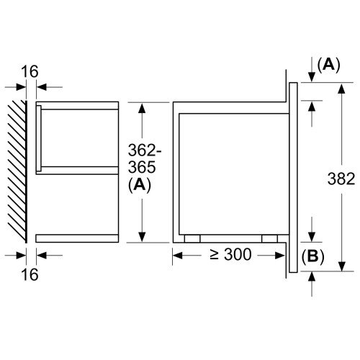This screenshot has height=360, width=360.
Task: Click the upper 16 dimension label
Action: pos(30,71)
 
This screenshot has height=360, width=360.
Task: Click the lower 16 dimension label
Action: pos(30,274)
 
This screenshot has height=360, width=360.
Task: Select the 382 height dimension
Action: pos(341,179)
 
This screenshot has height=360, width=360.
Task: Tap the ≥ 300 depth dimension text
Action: pos(230,254)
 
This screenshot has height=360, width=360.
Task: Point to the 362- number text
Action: pos(144,150)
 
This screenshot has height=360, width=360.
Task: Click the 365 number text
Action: pos(142,167)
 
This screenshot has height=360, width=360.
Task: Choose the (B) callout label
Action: pos(312,256)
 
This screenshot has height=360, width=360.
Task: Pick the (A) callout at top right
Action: pos(328,65)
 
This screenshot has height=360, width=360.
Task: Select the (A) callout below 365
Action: pos(140,185)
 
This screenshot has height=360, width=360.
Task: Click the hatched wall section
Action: pos(17,171)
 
